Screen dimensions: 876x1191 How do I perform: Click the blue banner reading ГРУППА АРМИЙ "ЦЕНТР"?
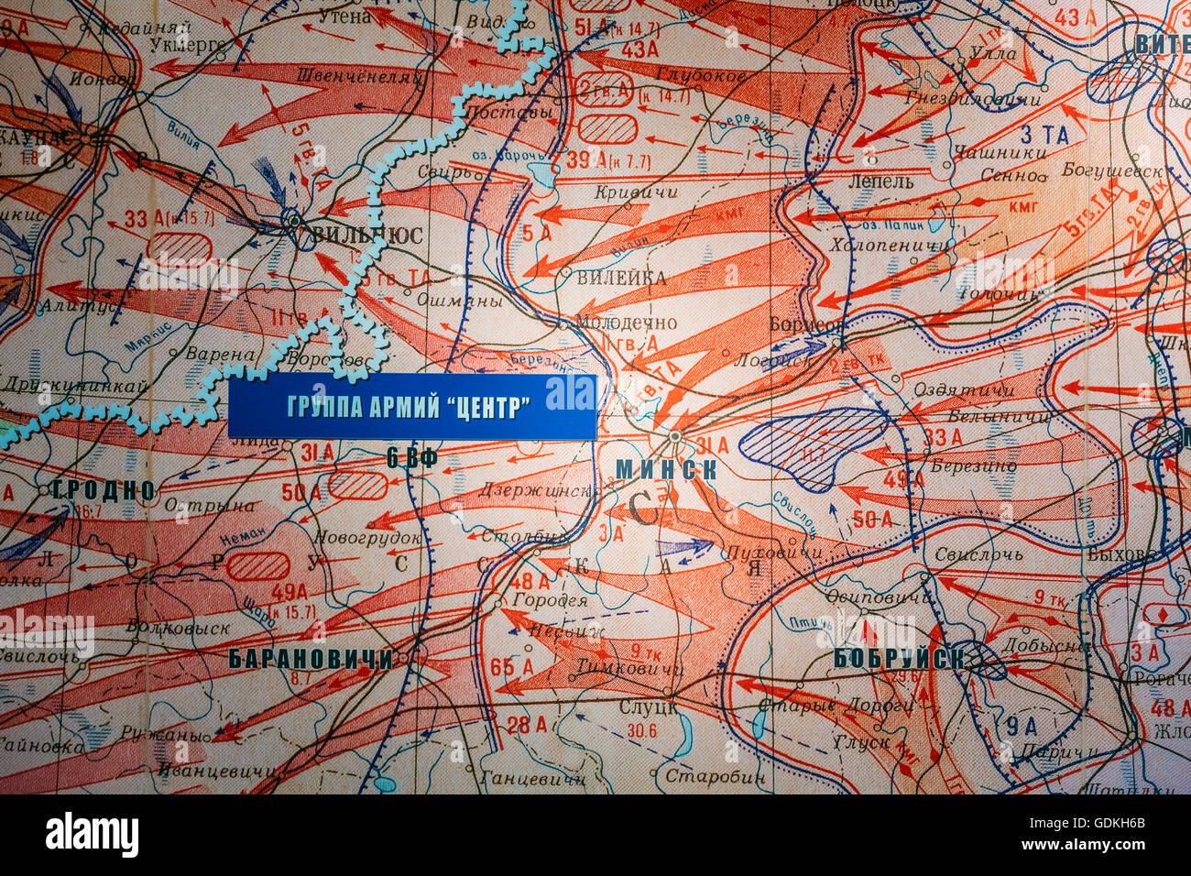(411, 407)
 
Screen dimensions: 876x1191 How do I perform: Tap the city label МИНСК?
(665, 469)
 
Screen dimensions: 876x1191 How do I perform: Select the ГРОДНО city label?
(104, 489)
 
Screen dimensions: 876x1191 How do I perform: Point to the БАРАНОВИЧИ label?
(311, 658)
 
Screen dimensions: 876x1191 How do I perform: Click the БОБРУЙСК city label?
(899, 658)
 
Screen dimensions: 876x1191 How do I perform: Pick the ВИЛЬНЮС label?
(366, 235)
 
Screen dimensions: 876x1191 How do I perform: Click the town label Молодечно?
(627, 323)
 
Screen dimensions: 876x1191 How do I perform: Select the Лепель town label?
(880, 181)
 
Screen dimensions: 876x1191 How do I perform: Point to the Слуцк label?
(648, 706)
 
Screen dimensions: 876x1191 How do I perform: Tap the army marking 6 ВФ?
(411, 459)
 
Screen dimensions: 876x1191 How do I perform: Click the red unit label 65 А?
(512, 666)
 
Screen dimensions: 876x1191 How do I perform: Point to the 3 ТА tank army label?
(1044, 136)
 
